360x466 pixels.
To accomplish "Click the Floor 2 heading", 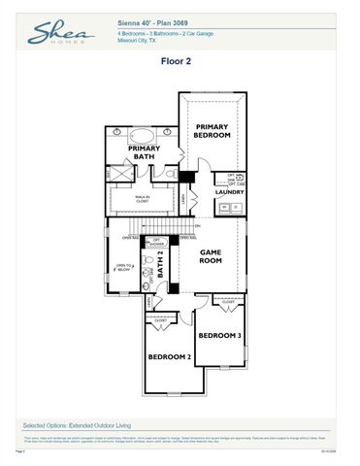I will tap(180, 60).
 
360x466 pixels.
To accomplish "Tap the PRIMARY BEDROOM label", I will tap(213, 131).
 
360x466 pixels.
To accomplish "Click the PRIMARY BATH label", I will tap(144, 152).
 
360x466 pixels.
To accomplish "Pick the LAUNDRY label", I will tap(229, 191).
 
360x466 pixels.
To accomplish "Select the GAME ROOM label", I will tap(212, 256).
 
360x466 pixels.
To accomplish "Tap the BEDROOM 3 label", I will tap(218, 335).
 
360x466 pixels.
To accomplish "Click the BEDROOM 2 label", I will tap(169, 356).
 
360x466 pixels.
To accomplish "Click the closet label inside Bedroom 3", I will tap(228, 303).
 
